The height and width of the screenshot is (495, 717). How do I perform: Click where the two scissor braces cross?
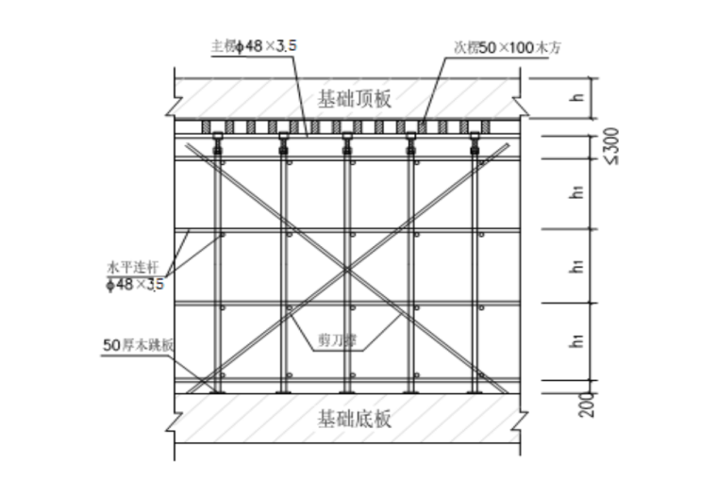347,269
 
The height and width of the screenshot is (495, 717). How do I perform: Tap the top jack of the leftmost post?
218,143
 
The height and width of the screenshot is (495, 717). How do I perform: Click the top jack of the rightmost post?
475,143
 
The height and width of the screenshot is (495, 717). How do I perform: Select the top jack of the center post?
347,143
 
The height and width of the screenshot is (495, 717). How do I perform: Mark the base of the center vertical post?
347,389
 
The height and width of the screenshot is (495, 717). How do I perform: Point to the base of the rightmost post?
475,389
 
